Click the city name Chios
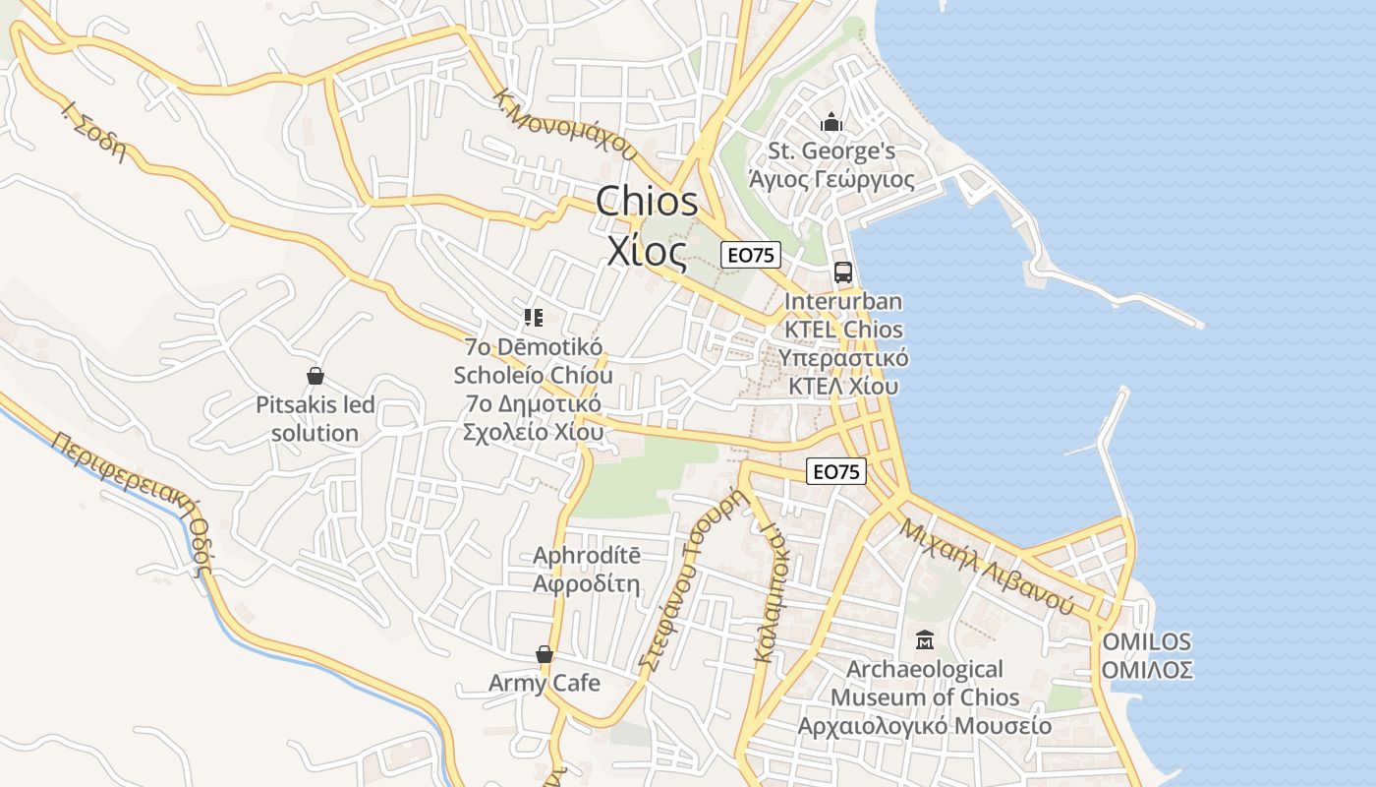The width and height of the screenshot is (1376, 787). tap(647, 202)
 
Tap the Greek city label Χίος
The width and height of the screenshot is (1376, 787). tap(647, 252)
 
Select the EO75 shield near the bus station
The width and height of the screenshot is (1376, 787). tap(750, 255)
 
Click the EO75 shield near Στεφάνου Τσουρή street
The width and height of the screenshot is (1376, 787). tap(836, 472)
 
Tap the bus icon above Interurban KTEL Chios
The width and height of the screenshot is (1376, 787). tap(842, 272)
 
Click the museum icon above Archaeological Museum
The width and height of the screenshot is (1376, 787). tap(924, 641)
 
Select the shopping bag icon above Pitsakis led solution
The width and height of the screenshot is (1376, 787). tap(315, 376)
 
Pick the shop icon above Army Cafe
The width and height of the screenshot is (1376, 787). tap(544, 654)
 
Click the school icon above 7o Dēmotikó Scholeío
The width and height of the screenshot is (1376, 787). tap(534, 317)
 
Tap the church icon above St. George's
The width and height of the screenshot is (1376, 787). tap(831, 123)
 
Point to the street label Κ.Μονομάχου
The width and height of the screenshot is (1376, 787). tap(566, 125)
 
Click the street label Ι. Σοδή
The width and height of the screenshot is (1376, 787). tap(95, 131)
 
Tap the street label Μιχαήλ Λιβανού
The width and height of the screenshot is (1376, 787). tap(986, 565)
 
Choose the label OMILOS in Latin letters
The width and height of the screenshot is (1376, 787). tap(1146, 642)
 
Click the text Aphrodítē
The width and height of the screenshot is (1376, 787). tap(586, 556)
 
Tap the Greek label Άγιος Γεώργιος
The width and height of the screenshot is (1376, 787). tap(831, 180)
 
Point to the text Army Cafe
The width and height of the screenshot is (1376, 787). tap(544, 683)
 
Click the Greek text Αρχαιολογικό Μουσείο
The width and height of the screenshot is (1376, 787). tap(924, 726)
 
